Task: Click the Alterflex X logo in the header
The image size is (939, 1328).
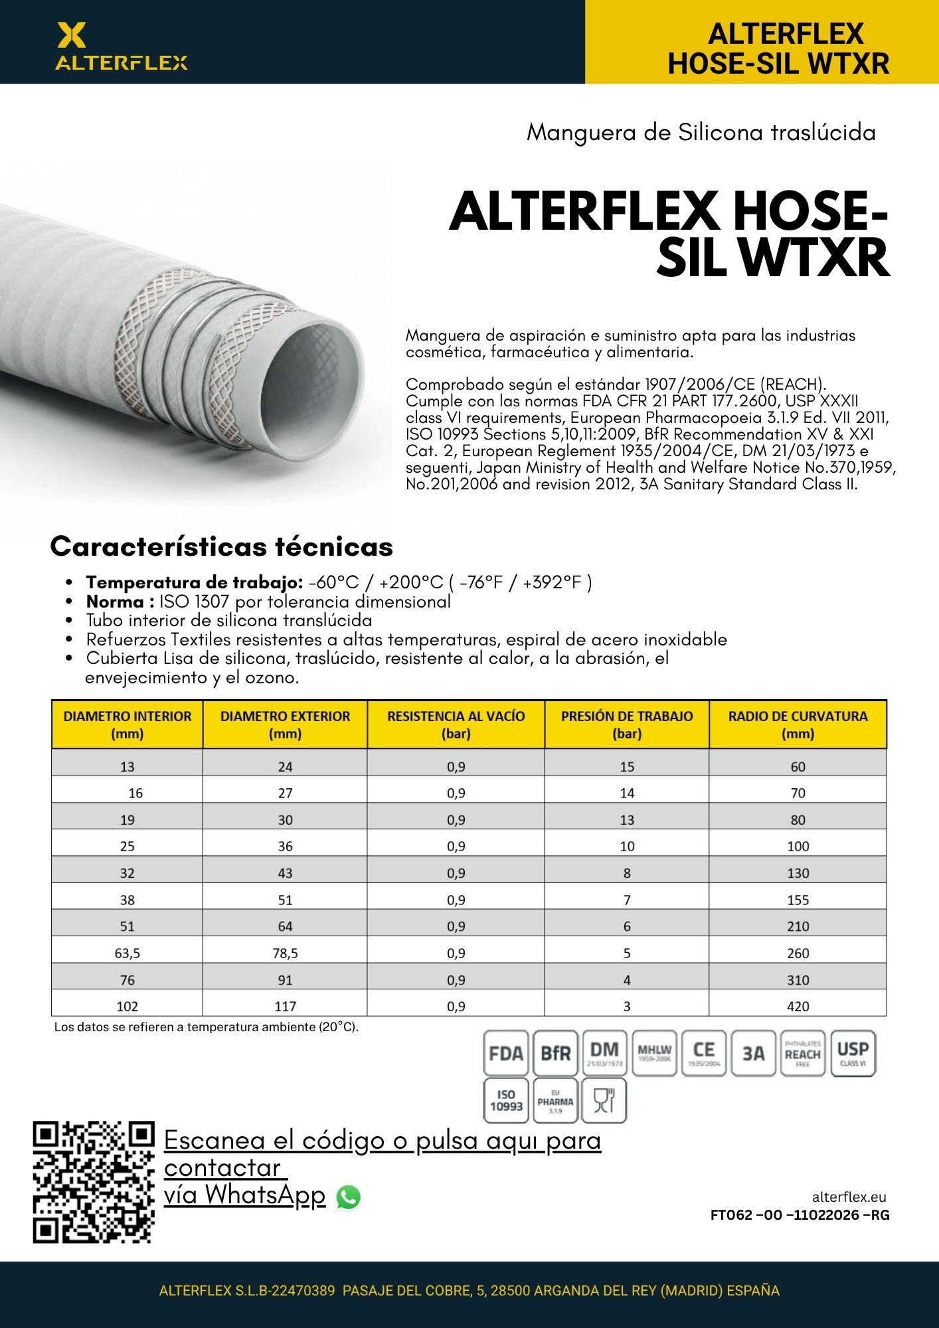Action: click(71, 35)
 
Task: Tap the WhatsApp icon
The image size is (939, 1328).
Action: click(349, 1197)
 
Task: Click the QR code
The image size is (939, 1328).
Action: click(94, 1182)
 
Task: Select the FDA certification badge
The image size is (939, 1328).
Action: click(506, 1053)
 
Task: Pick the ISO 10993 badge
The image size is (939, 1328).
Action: click(506, 1100)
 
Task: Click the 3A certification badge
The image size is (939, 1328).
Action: click(753, 1053)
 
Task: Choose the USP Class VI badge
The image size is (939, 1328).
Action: click(853, 1053)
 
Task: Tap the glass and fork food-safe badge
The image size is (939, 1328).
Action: click(604, 1100)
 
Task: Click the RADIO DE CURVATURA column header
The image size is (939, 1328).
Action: click(798, 724)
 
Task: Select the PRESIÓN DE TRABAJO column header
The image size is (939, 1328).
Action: click(627, 724)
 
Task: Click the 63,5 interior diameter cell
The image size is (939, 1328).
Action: click(128, 954)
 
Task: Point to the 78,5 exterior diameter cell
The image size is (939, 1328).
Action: click(286, 954)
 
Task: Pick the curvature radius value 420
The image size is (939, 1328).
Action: click(798, 1007)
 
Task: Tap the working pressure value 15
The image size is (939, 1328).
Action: click(627, 767)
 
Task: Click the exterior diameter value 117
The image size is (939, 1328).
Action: click(286, 1007)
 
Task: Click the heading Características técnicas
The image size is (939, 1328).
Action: click(222, 546)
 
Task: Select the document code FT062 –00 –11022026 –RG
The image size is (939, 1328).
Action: click(800, 1215)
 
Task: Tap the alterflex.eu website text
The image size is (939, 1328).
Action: click(849, 1197)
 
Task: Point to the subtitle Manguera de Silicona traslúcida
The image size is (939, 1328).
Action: click(701, 132)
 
